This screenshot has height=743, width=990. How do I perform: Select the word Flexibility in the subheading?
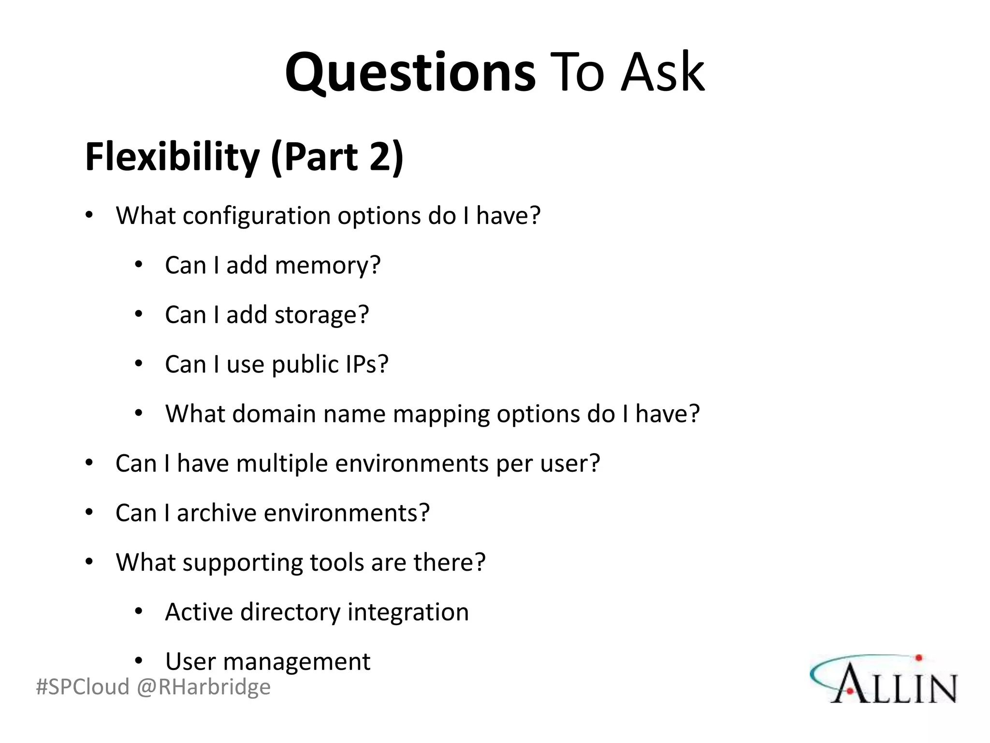(173, 158)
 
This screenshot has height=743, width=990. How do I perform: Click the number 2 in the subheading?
(380, 157)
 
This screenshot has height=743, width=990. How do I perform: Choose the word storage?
(322, 315)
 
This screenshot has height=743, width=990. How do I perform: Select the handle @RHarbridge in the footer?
(204, 687)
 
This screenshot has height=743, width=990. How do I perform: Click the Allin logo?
(884, 680)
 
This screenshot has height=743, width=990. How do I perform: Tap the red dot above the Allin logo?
(918, 657)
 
